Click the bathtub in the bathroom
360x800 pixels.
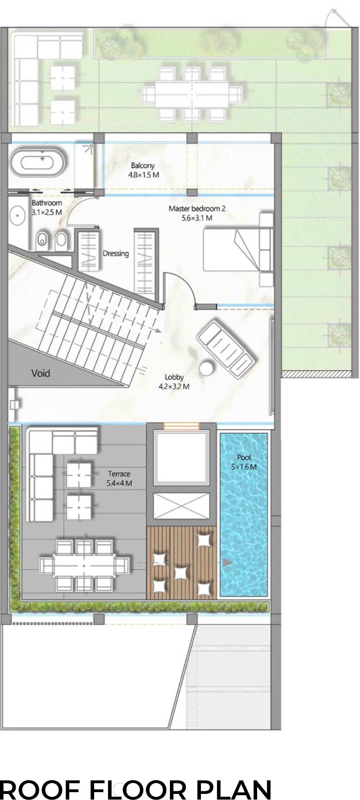pyautogui.click(x=38, y=163)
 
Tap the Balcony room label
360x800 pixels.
pyautogui.click(x=143, y=166)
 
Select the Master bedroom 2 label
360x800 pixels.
pyautogui.click(x=197, y=208)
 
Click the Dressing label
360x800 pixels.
pyautogui.click(x=115, y=253)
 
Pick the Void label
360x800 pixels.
pyautogui.click(x=41, y=373)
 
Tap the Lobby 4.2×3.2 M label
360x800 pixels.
pyautogui.click(x=174, y=381)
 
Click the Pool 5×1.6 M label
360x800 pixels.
pyautogui.click(x=244, y=462)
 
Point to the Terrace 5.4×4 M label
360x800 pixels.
pyautogui.click(x=119, y=478)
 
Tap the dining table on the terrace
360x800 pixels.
pyautogui.click(x=84, y=565)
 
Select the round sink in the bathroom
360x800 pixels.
pyautogui.click(x=17, y=216)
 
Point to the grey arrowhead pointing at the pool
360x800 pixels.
pyautogui.click(x=228, y=562)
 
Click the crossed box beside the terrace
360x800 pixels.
pyautogui.click(x=181, y=506)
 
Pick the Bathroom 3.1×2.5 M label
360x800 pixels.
pyautogui.click(x=47, y=208)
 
